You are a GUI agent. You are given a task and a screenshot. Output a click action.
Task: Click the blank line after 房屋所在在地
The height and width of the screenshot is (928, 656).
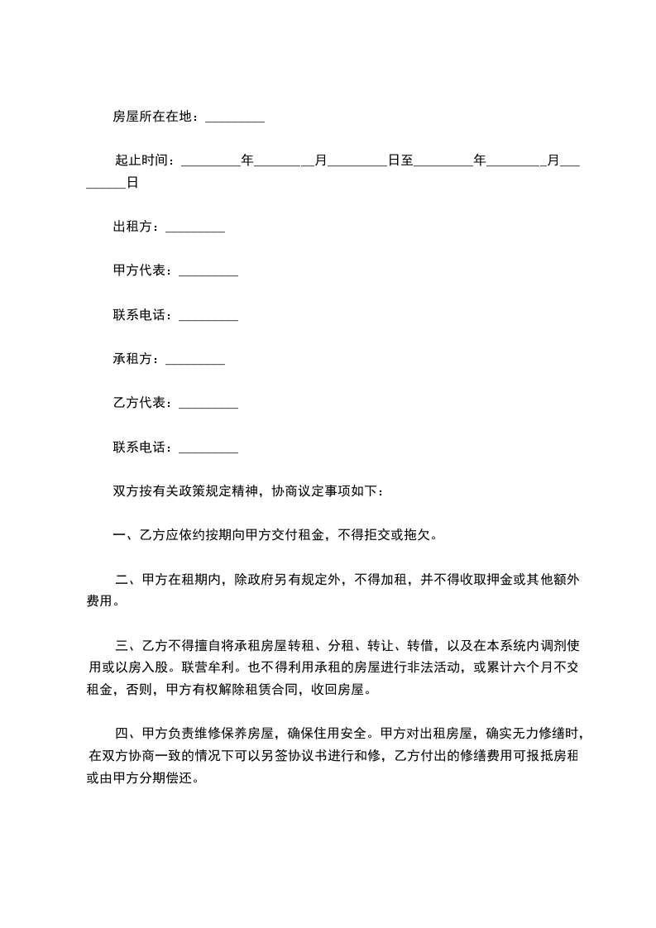pyautogui.click(x=234, y=119)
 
